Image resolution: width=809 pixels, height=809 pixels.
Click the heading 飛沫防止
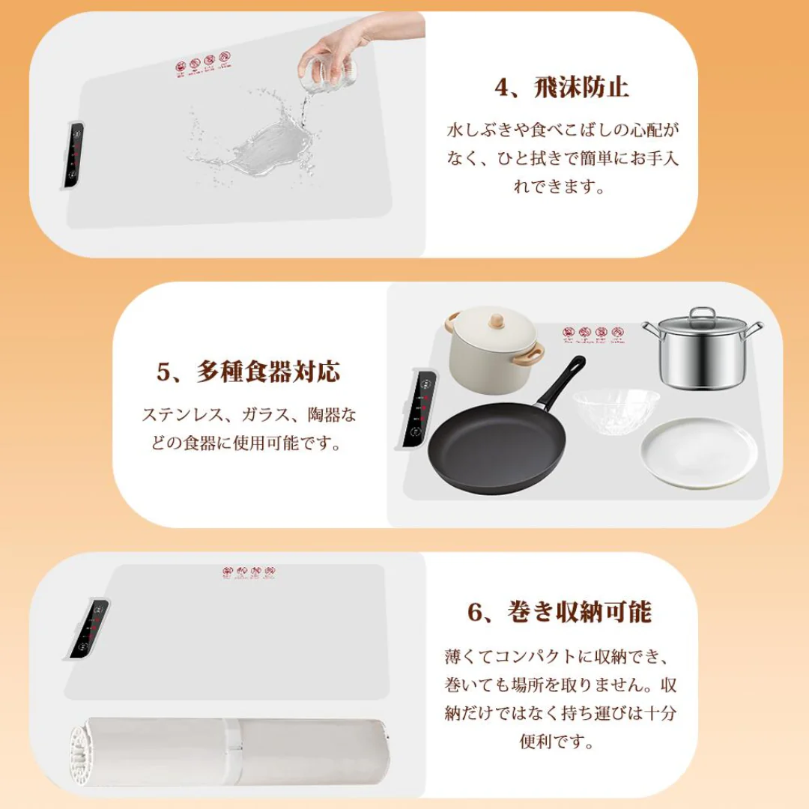coord(582,88)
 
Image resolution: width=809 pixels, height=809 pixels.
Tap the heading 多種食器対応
coord(268,372)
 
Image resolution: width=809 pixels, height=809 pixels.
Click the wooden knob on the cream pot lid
coord(494,321)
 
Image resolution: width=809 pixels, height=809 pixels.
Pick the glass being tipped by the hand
coord(328,70)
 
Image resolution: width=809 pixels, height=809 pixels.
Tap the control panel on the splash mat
coord(72,155)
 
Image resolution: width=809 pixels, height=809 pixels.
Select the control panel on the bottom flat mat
coord(89,629)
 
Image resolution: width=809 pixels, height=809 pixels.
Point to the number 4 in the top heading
coord(501,88)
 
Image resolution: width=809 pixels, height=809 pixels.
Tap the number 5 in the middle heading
coord(164,372)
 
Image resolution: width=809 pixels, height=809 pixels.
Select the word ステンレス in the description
coord(178,414)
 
